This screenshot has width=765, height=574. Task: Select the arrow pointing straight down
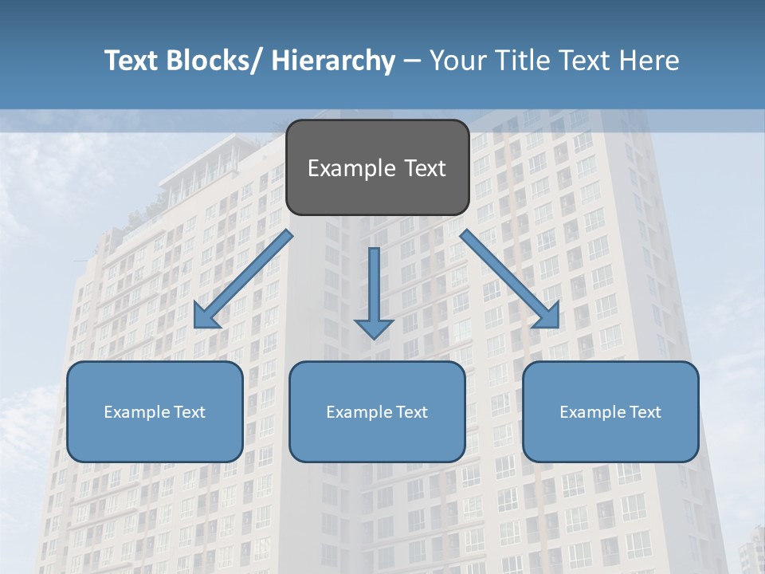374,287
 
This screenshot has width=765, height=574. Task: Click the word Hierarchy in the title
333,61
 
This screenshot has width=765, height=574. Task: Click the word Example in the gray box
351,168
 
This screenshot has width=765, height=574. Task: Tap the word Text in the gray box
424,168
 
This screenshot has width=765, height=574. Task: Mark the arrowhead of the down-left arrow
205,317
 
